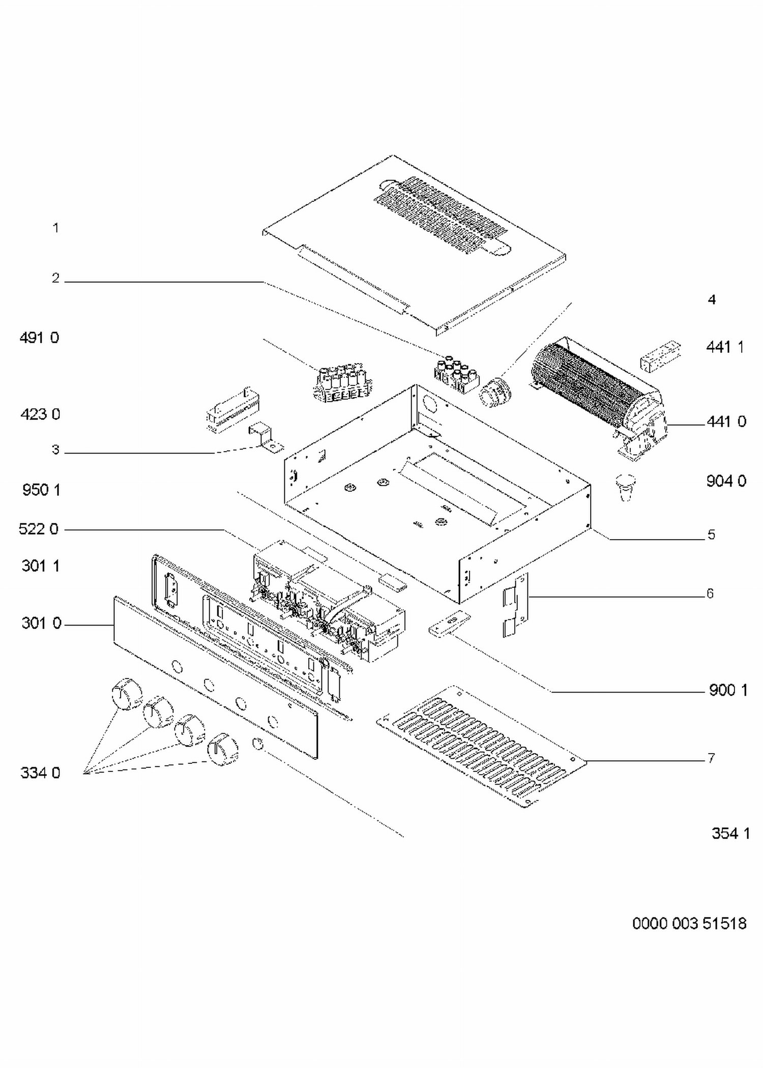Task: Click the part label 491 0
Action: click(x=39, y=338)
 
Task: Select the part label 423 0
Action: click(x=40, y=414)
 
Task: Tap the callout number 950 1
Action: click(x=41, y=490)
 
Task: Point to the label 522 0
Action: click(x=39, y=529)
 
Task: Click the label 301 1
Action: click(x=41, y=566)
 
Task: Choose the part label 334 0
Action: click(x=40, y=773)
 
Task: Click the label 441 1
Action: click(x=725, y=347)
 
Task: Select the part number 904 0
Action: click(x=726, y=481)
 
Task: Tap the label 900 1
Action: click(x=728, y=690)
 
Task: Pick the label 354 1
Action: click(x=730, y=834)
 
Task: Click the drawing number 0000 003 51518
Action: click(x=689, y=924)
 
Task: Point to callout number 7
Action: click(x=712, y=758)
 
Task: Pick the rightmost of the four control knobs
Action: click(x=223, y=749)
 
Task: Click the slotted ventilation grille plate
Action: click(x=481, y=746)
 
